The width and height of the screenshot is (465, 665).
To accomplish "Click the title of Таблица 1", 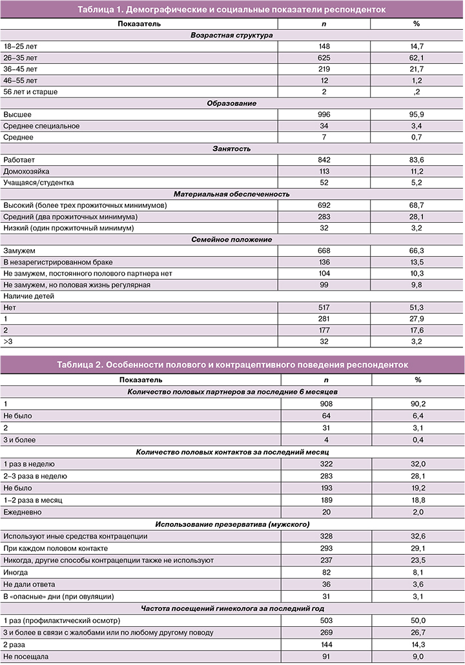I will [232, 10].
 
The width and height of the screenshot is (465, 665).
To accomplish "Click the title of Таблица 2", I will [232, 365].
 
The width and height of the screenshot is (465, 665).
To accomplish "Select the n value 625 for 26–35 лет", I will [324, 57].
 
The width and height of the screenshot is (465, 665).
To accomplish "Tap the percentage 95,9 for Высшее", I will [417, 114].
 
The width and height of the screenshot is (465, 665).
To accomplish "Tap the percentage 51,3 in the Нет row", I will [417, 308].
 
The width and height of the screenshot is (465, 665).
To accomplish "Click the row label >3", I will [8, 342].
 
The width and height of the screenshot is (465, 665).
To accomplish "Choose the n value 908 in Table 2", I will [324, 402].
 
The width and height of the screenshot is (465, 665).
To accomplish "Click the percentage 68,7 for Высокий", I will [417, 205].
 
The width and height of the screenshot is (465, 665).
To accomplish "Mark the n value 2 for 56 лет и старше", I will [324, 92].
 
